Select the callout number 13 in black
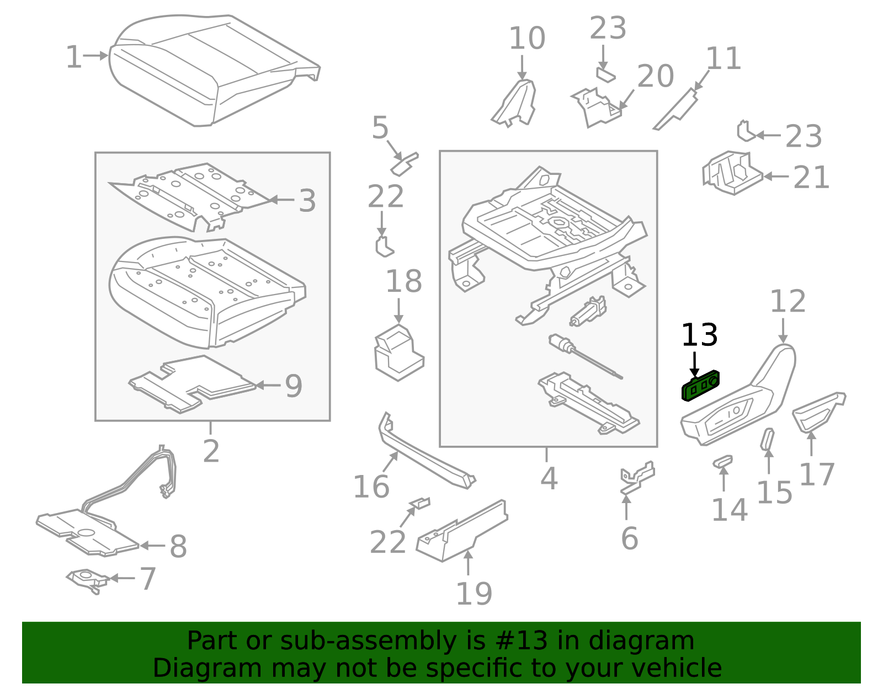[699, 335]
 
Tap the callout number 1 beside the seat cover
[73, 57]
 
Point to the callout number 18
[403, 281]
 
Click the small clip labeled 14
[722, 461]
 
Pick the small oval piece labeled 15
[767, 439]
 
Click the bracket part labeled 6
[637, 478]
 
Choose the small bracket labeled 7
[87, 579]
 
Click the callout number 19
[474, 594]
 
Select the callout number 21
[811, 177]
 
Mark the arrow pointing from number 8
[152, 546]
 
